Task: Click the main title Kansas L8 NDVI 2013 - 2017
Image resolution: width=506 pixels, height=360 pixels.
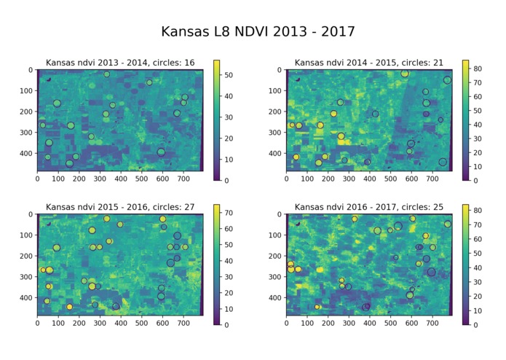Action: pyautogui.click(x=258, y=32)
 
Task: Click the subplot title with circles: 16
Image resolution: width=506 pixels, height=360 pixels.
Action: pyautogui.click(x=120, y=63)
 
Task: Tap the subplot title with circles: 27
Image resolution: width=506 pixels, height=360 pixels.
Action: pyautogui.click(x=120, y=208)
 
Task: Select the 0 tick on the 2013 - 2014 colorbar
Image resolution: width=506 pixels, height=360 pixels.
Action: pyautogui.click(x=227, y=180)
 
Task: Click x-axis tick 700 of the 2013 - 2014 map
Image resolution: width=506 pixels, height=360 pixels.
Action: pyautogui.click(x=183, y=177)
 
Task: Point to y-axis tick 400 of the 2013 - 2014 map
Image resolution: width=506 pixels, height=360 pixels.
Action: pyautogui.click(x=28, y=154)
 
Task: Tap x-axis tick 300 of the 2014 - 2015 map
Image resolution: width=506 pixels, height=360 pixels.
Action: pyautogui.click(x=348, y=177)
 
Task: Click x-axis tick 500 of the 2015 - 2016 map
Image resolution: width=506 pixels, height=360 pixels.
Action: pyautogui.click(x=141, y=321)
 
